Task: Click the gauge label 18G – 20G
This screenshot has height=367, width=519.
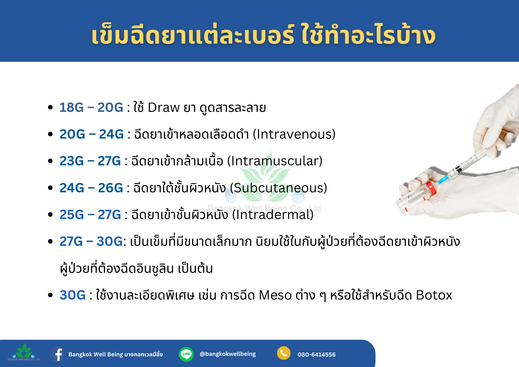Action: point(91,107)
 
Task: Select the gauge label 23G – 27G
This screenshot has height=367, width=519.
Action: point(90,161)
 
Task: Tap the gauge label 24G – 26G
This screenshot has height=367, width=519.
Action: point(91,188)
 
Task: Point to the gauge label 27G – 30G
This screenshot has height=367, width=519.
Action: point(91,241)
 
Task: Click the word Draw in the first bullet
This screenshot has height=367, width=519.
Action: point(164,107)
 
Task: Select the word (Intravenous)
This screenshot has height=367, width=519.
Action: point(294,134)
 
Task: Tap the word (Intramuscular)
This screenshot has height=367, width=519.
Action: point(275,161)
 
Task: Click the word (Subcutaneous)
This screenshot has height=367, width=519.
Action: point(278,188)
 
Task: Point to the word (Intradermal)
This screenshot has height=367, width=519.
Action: point(273,215)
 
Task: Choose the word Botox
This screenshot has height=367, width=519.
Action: point(434,295)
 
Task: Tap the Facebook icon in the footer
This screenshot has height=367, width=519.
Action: point(58,354)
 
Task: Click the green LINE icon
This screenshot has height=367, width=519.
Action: point(186,354)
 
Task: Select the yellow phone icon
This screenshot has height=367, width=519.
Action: point(284,353)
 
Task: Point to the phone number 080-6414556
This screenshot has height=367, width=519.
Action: point(317,355)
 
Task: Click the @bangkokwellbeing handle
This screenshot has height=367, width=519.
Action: point(228,354)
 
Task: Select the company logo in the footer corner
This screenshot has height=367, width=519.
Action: point(24,352)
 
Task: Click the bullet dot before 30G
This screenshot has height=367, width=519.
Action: point(50,295)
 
